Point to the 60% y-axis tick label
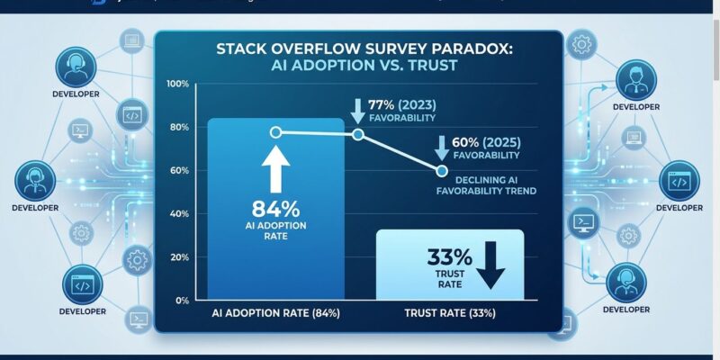pyautogui.click(x=178, y=170)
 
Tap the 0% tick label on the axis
pyautogui.click(x=182, y=300)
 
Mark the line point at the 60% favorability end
pyautogui.click(x=442, y=170)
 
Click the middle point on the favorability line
pyautogui.click(x=357, y=134)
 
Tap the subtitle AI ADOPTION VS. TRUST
pyautogui.click(x=358, y=67)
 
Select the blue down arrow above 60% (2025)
pyautogui.click(x=443, y=146)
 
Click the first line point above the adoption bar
pyautogui.click(x=276, y=132)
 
